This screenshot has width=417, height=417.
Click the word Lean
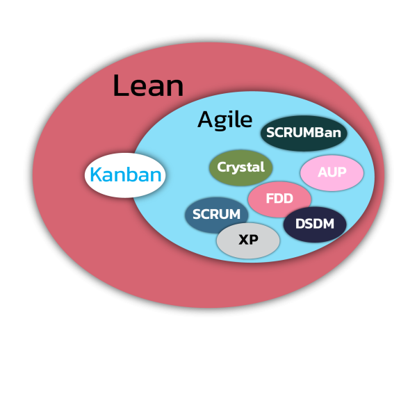click(148, 86)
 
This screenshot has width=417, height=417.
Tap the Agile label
click(224, 120)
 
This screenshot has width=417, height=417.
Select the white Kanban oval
click(125, 175)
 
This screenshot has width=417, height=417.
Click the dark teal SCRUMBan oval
click(304, 133)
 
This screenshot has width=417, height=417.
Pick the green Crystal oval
click(240, 167)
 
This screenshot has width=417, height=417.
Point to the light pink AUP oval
click(332, 172)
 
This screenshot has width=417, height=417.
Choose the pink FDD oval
click(279, 199)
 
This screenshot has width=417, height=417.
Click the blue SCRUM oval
click(216, 215)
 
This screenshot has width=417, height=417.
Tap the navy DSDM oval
click(315, 224)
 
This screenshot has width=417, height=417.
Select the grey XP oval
click(248, 240)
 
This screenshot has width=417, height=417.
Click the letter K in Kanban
click(97, 175)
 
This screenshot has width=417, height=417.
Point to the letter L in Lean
click(120, 86)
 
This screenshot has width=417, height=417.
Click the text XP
click(248, 240)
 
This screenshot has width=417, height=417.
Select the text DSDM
click(315, 224)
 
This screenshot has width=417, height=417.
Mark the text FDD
click(279, 199)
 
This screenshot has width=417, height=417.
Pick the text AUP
click(332, 172)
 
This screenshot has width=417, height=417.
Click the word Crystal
click(240, 167)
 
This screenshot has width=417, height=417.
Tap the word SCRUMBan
click(304, 132)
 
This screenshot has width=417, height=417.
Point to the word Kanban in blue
click(126, 175)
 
